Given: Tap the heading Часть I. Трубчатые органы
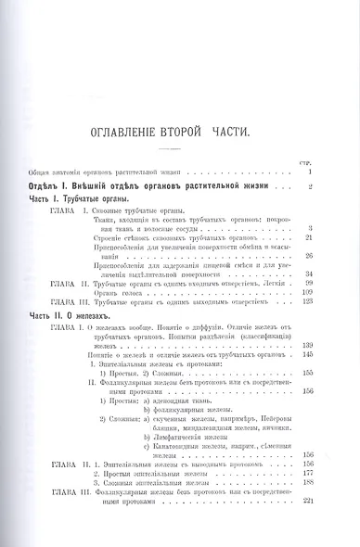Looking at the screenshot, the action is tap(77, 199).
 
